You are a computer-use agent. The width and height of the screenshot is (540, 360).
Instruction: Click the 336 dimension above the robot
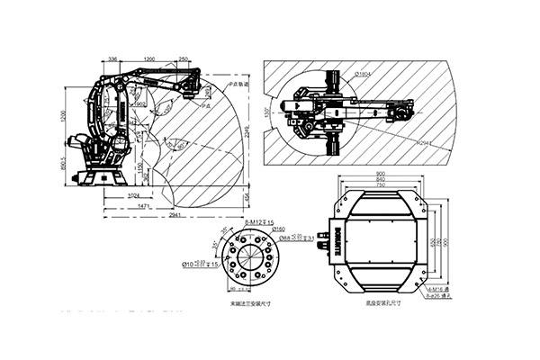[x=113, y=58]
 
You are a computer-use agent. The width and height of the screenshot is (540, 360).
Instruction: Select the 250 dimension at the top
[x=184, y=58]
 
